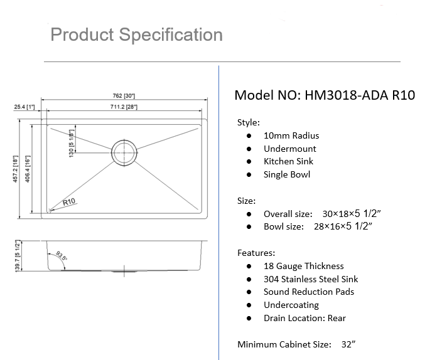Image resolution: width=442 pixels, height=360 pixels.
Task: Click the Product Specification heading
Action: (136, 34)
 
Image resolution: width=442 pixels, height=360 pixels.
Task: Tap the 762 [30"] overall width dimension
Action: (124, 96)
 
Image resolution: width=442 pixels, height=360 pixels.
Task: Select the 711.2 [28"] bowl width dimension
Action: (124, 107)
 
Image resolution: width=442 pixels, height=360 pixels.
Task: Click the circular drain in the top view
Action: (124, 151)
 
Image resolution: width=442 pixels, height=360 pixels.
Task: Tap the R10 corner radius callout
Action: (68, 202)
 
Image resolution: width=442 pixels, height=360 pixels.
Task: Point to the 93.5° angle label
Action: (61, 257)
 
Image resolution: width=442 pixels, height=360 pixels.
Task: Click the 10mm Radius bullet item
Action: (291, 135)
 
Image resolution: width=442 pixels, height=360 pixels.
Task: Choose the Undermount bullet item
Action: (289, 149)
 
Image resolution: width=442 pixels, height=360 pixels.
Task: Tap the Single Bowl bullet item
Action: (286, 174)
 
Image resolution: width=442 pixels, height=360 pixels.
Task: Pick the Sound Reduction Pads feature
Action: (308, 292)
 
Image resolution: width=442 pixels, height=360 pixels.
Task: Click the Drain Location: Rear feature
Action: (305, 318)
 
